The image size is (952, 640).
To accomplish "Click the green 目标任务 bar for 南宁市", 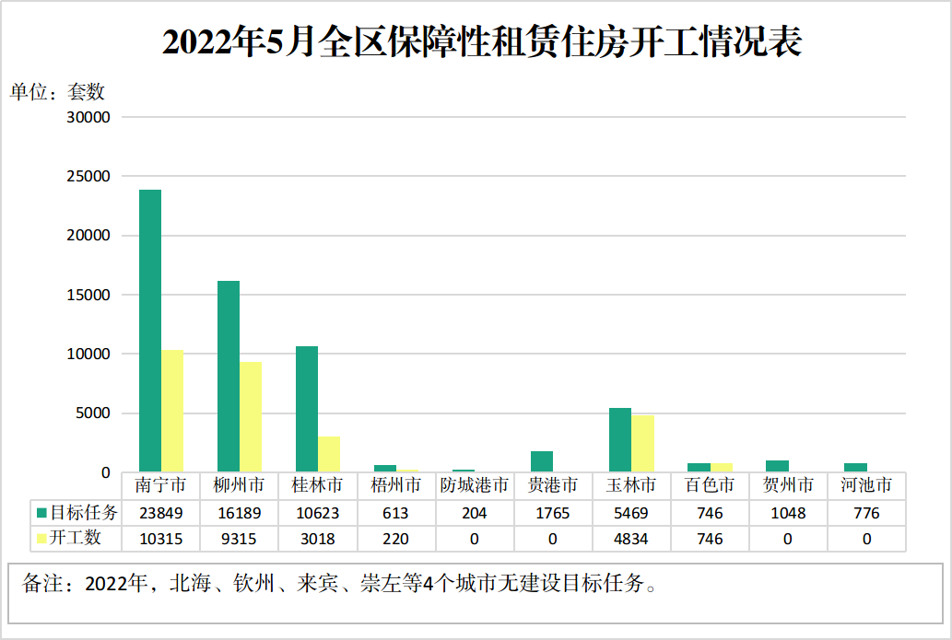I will click(150, 331).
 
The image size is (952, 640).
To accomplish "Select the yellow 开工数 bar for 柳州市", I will click(251, 417).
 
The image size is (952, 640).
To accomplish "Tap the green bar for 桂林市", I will click(307, 409).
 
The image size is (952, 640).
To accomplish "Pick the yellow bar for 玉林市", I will click(642, 444).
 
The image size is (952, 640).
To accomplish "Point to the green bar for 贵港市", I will click(542, 461).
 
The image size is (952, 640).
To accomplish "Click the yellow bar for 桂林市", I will click(329, 454).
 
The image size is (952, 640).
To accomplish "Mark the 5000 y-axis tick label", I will click(96, 413).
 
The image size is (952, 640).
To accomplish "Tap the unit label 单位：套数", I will click(57, 92).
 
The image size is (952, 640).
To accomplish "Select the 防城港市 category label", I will click(474, 484).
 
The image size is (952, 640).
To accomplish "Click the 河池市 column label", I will click(866, 484).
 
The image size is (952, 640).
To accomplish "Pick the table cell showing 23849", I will click(160, 513).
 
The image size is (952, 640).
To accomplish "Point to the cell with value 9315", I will click(239, 538).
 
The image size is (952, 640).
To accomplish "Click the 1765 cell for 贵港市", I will click(553, 513).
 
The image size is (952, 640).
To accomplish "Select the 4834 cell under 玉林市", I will click(631, 538).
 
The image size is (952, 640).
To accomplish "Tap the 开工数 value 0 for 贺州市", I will click(788, 538).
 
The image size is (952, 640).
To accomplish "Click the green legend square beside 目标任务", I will click(41, 513).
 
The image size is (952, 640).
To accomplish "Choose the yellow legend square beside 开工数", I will click(41, 538).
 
